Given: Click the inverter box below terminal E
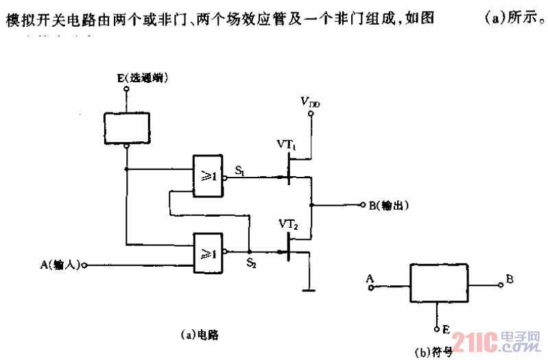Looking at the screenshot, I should click(x=126, y=124).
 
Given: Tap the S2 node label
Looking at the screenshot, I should click(x=251, y=263).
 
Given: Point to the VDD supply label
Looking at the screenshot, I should click(x=310, y=102).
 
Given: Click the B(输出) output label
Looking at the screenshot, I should click(x=388, y=205).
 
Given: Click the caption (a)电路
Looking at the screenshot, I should click(x=194, y=334).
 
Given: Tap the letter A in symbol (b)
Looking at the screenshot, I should click(x=370, y=278).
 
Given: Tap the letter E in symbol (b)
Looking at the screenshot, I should click(x=446, y=330).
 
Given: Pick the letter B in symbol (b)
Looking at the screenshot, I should click(x=510, y=278).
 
